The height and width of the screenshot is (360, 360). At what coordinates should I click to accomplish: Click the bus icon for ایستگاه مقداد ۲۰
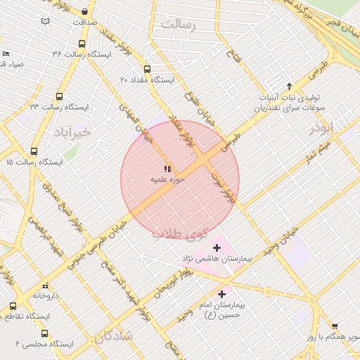point(147,69)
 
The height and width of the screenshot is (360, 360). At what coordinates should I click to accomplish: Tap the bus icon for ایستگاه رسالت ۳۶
point(57,53)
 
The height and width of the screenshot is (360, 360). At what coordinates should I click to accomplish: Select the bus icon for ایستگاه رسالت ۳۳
point(59,97)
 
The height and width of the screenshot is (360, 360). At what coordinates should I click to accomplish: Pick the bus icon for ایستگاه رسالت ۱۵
point(34,151)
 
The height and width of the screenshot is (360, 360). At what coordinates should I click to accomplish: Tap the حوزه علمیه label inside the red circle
point(167,180)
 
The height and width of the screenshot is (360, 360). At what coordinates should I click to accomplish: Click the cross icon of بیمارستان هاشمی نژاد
point(217,247)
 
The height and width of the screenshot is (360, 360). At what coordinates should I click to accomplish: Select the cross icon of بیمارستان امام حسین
point(222,294)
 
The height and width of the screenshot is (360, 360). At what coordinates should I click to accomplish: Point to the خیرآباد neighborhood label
point(72,131)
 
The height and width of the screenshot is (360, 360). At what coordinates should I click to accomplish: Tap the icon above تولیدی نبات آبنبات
point(289,86)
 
